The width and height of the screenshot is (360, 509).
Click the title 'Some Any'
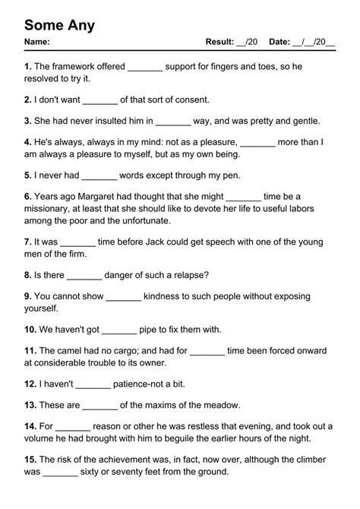(59, 25)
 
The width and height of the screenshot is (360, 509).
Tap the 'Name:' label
(37, 42)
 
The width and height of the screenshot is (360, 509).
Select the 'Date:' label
(279, 42)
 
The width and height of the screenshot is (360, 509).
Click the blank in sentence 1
(145, 68)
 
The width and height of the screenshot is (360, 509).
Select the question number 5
(27, 174)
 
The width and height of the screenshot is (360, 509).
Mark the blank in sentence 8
(84, 276)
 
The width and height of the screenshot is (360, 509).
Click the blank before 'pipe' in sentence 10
(118, 330)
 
